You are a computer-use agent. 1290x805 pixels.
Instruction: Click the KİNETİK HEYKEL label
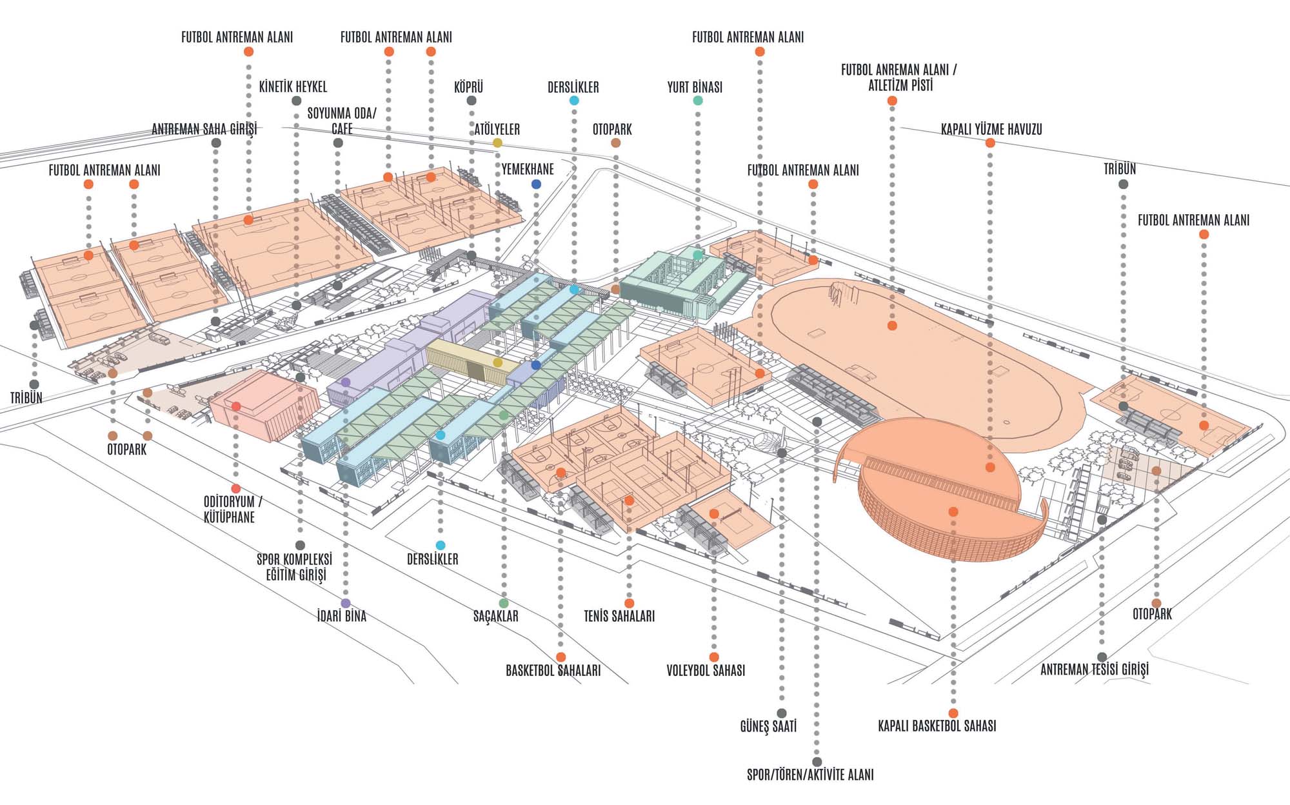(x=293, y=86)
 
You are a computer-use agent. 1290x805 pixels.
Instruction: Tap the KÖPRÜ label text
(x=469, y=86)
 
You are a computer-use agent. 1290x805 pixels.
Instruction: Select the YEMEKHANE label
(x=528, y=169)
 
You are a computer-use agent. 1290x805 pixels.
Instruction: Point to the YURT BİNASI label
(x=695, y=87)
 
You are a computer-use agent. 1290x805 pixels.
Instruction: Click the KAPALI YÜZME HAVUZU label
(x=991, y=129)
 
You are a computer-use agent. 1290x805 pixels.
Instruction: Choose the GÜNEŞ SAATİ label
(x=768, y=726)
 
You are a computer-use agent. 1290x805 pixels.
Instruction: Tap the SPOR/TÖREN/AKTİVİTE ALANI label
(x=810, y=775)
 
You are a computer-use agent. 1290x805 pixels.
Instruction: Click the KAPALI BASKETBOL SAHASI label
(x=937, y=726)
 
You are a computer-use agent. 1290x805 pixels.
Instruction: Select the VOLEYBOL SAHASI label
(x=706, y=670)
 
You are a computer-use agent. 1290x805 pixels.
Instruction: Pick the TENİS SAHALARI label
(x=619, y=616)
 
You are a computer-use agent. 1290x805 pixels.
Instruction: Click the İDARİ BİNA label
(x=342, y=616)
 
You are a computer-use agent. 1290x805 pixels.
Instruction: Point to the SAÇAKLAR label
(x=496, y=616)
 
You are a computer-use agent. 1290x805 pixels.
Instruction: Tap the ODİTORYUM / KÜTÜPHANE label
(x=232, y=509)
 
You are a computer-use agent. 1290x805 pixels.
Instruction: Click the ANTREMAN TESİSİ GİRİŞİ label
(x=1095, y=670)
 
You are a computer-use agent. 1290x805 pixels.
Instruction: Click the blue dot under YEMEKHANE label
(x=536, y=184)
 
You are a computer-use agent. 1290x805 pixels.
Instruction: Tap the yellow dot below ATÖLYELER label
(x=497, y=143)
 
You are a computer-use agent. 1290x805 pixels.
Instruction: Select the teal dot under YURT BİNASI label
(x=698, y=101)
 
